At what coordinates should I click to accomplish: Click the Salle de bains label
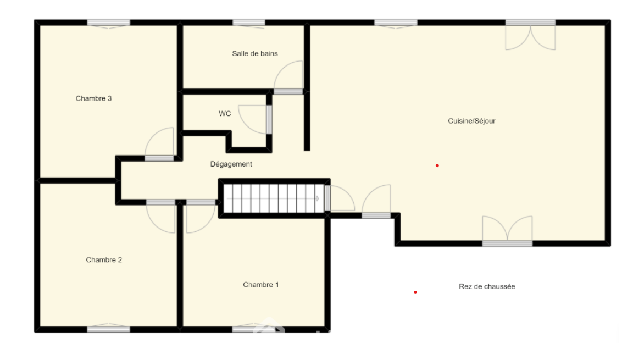tap(255, 54)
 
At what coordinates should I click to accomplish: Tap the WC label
tap(225, 114)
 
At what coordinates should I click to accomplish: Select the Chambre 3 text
tap(93, 98)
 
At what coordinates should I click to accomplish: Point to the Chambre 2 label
tap(104, 260)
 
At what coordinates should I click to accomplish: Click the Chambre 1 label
tap(261, 285)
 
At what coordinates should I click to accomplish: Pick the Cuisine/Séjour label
tap(471, 121)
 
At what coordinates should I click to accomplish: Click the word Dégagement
tap(231, 164)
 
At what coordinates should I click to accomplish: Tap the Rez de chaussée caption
tap(487, 286)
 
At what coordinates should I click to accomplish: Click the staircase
tap(274, 198)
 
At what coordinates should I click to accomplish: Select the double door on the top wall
tap(530, 36)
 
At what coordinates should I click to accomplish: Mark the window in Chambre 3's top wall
tap(109, 23)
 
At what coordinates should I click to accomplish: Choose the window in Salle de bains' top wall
tap(249, 23)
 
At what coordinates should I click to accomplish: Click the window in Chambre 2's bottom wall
tap(109, 329)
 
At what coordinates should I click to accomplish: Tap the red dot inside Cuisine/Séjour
tap(437, 165)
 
